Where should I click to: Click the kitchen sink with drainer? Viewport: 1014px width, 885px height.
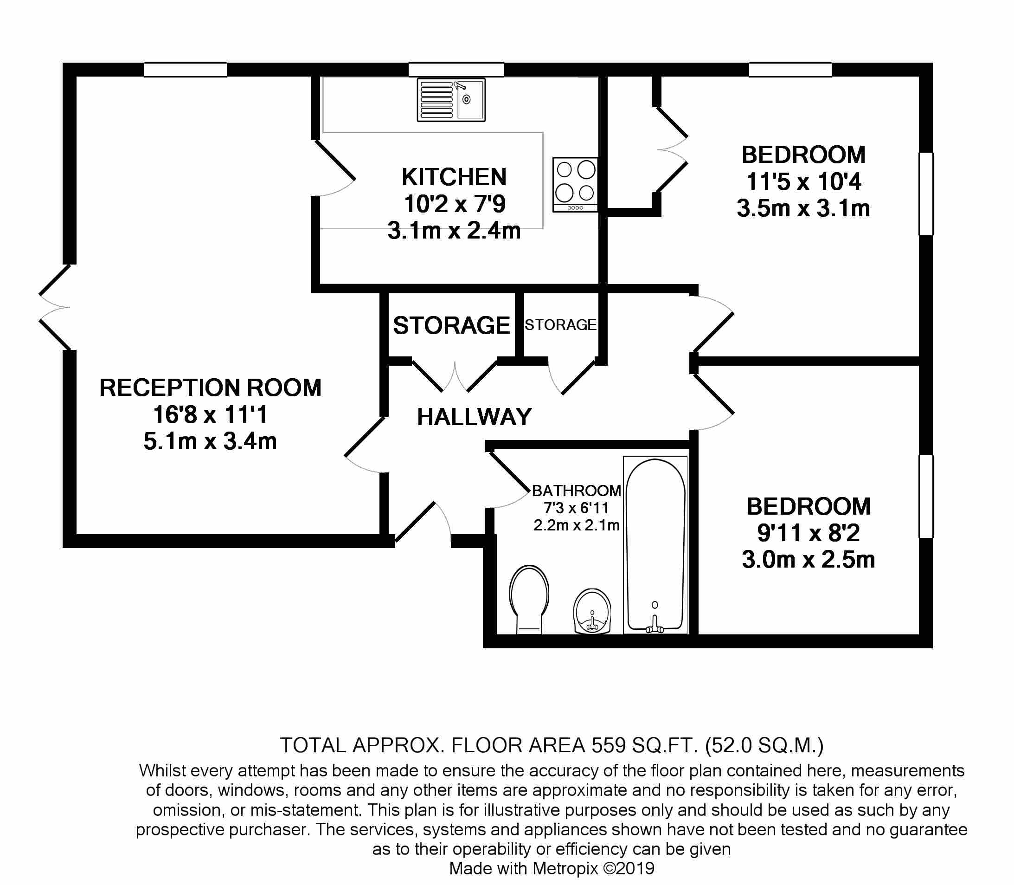[451, 100]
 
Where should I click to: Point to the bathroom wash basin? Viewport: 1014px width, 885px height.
[592, 611]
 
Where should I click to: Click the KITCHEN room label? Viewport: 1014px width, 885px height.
[454, 177]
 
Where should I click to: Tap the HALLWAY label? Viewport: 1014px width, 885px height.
[474, 417]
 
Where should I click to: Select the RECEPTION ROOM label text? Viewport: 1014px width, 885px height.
[210, 388]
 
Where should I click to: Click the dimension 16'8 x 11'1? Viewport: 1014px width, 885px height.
[210, 414]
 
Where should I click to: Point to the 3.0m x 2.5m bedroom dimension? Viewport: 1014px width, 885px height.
[808, 560]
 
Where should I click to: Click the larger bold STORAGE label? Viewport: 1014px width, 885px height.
[451, 325]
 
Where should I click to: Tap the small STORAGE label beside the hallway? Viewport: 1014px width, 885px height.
[560, 325]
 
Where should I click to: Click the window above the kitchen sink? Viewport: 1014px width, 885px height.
[456, 70]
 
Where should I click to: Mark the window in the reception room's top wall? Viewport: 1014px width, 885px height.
[185, 70]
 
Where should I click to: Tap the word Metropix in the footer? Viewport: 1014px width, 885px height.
[558, 868]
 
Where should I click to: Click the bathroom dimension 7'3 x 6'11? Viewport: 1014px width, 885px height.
[576, 508]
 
